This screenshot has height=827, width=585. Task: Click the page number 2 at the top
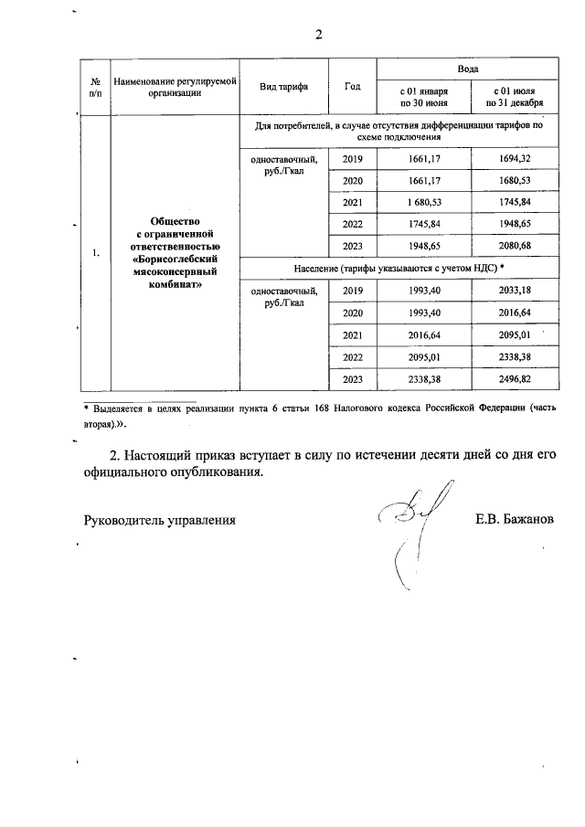(319, 36)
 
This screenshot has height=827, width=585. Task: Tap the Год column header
(352, 87)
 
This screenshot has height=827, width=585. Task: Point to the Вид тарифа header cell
(283, 87)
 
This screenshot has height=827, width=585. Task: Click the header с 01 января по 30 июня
(424, 98)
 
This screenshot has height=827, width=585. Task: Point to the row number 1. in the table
(96, 253)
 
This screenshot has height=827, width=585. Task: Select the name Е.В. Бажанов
(514, 520)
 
